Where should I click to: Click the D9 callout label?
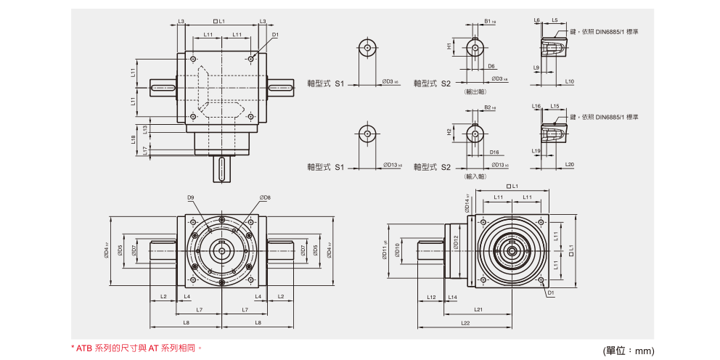coord(191,197)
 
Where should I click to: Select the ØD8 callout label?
coord(264,197)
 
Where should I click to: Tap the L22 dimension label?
coord(465,322)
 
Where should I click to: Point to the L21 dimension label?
coord(499,309)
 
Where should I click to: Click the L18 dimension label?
coord(133,139)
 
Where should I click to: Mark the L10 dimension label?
coord(569,82)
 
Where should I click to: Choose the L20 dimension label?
coord(569,165)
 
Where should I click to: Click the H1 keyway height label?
coord(449,46)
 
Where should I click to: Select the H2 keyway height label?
coord(449,132)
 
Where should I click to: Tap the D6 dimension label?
coord(491,66)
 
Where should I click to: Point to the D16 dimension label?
coord(494,152)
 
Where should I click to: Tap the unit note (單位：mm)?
coord(629,351)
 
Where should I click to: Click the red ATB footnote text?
coord(136,348)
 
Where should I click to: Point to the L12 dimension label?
coord(431,298)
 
